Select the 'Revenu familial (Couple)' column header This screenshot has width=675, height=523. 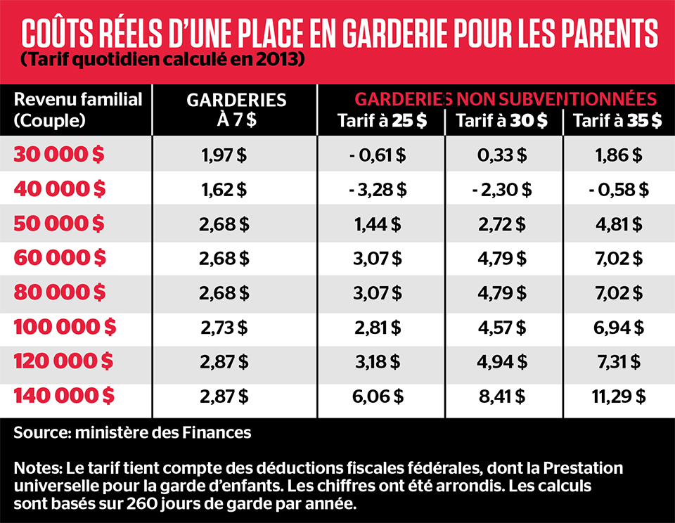tap(77, 109)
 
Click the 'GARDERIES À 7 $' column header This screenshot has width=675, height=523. tap(236, 109)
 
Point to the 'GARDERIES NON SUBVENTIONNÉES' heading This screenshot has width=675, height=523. tap(505, 97)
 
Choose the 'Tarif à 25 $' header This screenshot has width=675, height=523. tap(382, 121)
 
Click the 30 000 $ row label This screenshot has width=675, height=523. tap(59, 155)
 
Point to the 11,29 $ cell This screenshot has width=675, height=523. tap(618, 396)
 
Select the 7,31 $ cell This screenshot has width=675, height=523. tap(618, 361)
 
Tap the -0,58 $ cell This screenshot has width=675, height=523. tap(618, 190)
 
